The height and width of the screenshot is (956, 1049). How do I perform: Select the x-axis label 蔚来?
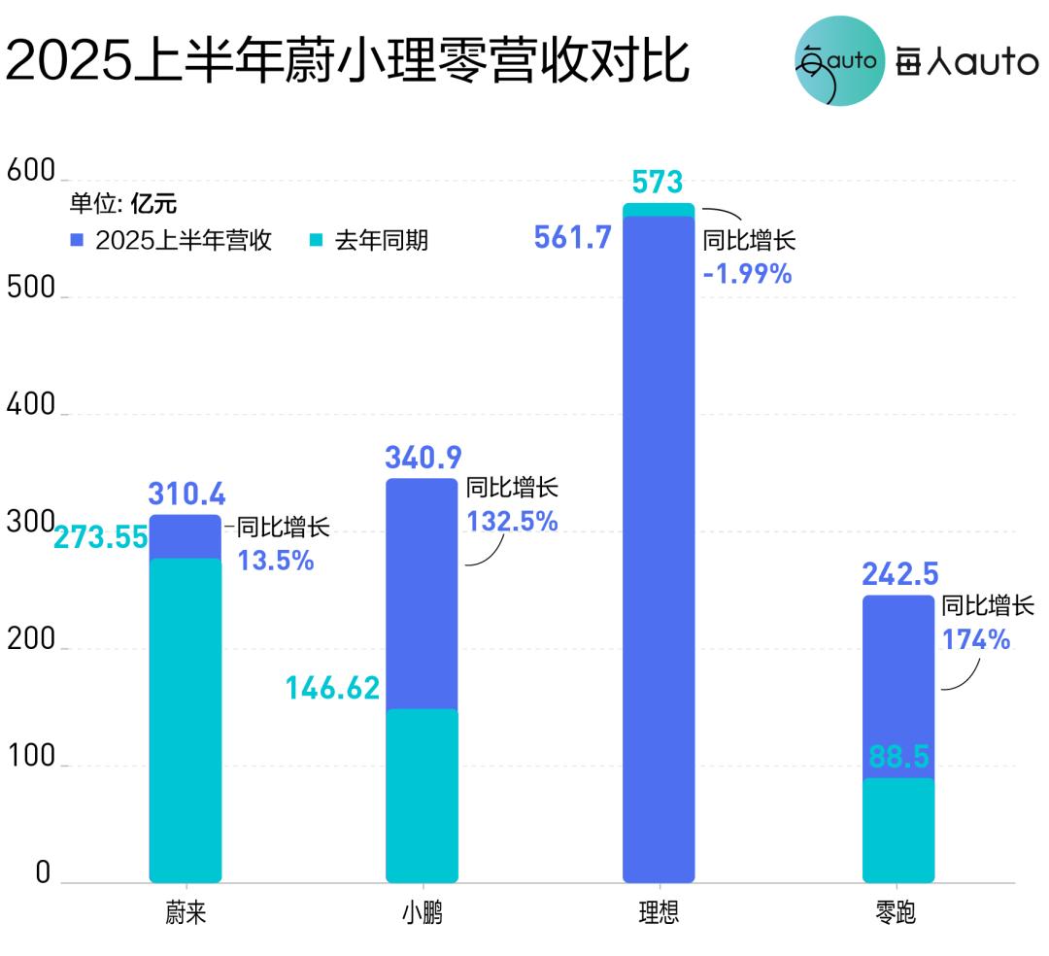click(185, 916)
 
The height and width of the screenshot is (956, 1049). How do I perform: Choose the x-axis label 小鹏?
click(422, 916)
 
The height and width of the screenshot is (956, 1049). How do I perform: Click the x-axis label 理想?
click(659, 916)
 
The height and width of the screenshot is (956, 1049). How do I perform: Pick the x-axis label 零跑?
click(897, 916)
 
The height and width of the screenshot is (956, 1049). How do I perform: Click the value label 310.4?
click(186, 494)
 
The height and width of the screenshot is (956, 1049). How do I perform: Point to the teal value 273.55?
click(101, 537)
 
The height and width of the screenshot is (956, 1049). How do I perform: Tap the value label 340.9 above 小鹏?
click(423, 457)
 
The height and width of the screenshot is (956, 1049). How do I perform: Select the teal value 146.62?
click(332, 688)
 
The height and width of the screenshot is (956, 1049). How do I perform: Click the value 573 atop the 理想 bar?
click(658, 182)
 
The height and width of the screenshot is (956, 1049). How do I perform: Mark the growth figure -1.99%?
click(747, 275)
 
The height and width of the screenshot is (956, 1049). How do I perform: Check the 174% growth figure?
click(976, 640)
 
